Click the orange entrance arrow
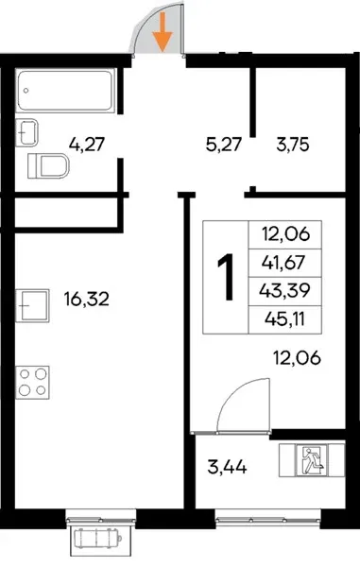pyautogui.click(x=163, y=32)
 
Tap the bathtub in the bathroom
pyautogui.click(x=65, y=91)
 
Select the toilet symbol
pyautogui.click(x=48, y=166)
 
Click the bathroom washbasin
pyautogui.click(x=27, y=132)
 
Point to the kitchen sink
pyautogui.click(x=32, y=305)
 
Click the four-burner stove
pyautogui.click(x=32, y=383)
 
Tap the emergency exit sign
pyautogui.click(x=311, y=460)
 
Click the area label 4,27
pyautogui.click(x=87, y=145)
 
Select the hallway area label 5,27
pyautogui.click(x=223, y=145)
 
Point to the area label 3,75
pyautogui.click(x=293, y=145)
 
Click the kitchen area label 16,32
pyautogui.click(x=87, y=299)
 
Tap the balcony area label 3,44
pyautogui.click(x=228, y=468)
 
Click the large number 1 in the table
pyautogui.click(x=226, y=277)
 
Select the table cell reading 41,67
pyautogui.click(x=284, y=263)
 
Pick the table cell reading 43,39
pyautogui.click(x=284, y=291)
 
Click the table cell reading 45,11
pyautogui.click(x=284, y=319)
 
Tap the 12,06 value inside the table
pyautogui.click(x=286, y=234)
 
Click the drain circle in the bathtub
pyautogui.click(x=26, y=91)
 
